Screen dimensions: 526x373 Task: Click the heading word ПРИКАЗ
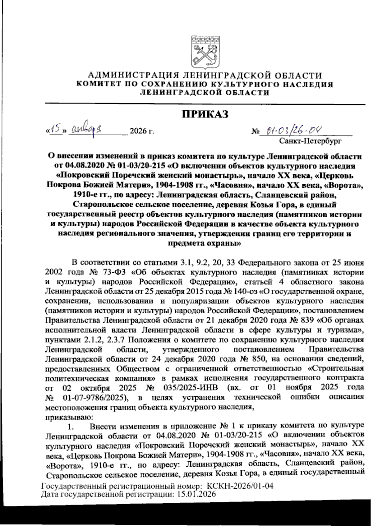pyautogui.click(x=205, y=114)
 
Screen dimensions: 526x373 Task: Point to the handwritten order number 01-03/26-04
pyautogui.click(x=291, y=129)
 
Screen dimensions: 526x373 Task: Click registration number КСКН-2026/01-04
pyautogui.click(x=240, y=486)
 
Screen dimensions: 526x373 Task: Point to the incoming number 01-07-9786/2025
pyautogui.click(x=95, y=397)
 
